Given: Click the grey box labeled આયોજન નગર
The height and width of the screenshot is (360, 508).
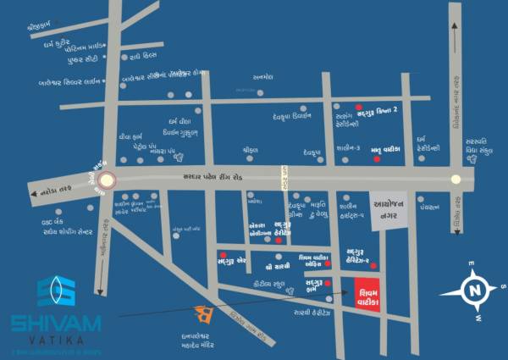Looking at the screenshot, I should click(389, 208).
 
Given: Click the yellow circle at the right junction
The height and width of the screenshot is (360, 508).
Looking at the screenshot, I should click(457, 179).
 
